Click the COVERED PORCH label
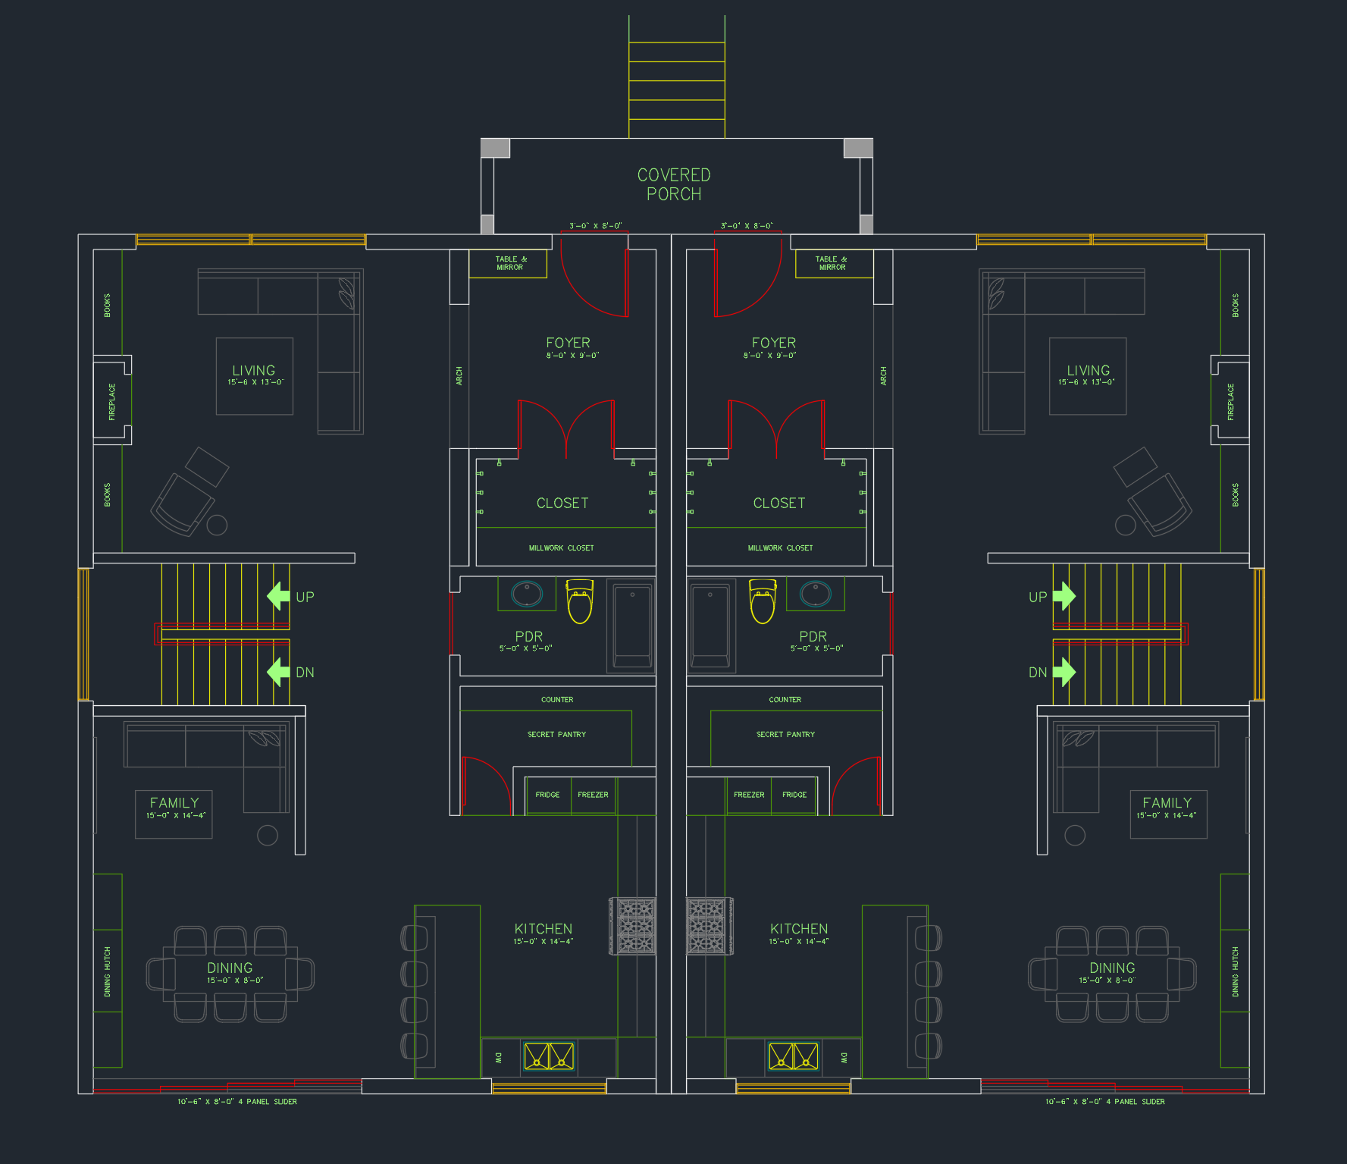tap(674, 184)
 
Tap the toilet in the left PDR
tap(580, 602)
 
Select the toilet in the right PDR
tap(763, 602)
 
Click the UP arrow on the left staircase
tap(279, 596)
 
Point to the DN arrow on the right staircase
tap(1064, 672)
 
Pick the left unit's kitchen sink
tap(549, 1056)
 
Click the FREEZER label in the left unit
tap(593, 795)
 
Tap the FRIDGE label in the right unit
tap(794, 795)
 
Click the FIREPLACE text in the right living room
tap(1231, 401)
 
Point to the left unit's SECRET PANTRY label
tap(556, 734)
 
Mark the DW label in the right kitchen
tap(844, 1057)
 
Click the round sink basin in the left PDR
tap(527, 593)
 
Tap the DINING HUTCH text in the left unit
tap(107, 971)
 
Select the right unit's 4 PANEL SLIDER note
tap(1104, 1102)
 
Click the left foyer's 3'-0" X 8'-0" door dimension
tap(595, 226)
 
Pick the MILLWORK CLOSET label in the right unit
tap(780, 547)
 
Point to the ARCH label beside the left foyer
tap(459, 376)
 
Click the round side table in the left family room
tap(268, 835)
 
